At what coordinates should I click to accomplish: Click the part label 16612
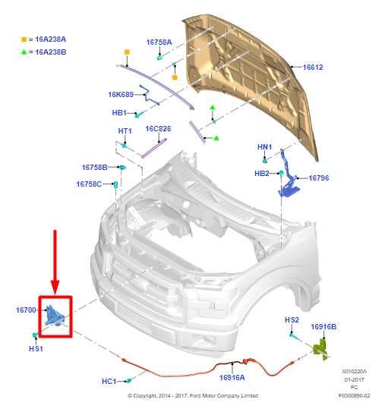point(313,68)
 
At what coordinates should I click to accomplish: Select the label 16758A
point(159,42)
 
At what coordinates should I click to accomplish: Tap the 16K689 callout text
point(121,95)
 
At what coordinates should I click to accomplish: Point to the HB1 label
point(118,113)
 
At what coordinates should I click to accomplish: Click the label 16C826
point(158,129)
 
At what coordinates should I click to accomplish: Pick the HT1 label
point(125,131)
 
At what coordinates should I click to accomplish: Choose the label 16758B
point(94,167)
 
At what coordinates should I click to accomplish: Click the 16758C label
point(88,184)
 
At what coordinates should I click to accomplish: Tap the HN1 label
point(264,146)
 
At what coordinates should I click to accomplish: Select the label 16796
point(318,178)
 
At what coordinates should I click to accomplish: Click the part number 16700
point(26,310)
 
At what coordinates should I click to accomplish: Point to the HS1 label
point(36,348)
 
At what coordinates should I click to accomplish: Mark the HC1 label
point(109,381)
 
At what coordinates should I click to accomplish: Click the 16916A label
point(232,377)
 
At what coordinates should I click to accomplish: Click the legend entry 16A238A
point(47,38)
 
